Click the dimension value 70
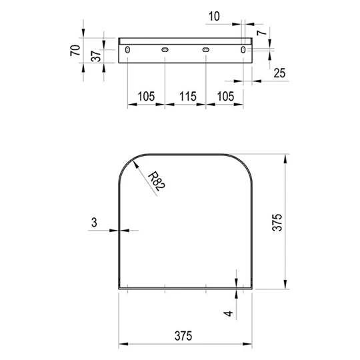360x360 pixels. click(75, 50)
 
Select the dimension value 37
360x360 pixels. click(96, 56)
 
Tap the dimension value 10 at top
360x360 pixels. click(214, 17)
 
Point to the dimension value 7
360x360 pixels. click(262, 33)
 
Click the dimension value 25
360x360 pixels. click(279, 73)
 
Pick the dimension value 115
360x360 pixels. click(188, 97)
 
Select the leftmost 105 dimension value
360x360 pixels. click(146, 97)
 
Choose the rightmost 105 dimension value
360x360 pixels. click(226, 97)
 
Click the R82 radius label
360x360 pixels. click(157, 181)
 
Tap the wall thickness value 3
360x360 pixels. click(94, 223)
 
